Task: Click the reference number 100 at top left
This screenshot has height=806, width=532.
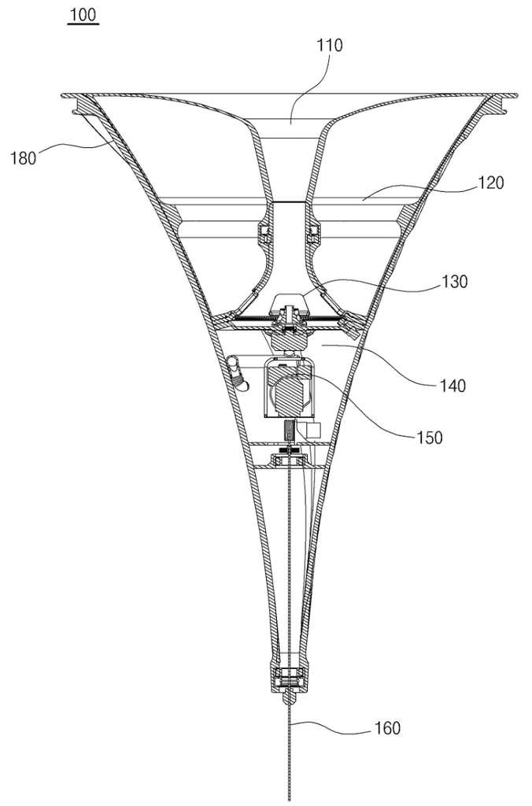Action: [83, 15]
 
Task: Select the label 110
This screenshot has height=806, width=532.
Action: [329, 45]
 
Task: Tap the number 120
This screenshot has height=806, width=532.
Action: [491, 183]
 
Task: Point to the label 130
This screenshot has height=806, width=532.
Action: [454, 281]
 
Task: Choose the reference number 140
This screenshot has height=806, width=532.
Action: [453, 385]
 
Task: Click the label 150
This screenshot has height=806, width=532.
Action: [429, 438]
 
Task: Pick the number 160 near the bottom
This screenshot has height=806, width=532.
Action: [387, 728]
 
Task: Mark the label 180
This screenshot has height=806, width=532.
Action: [24, 157]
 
